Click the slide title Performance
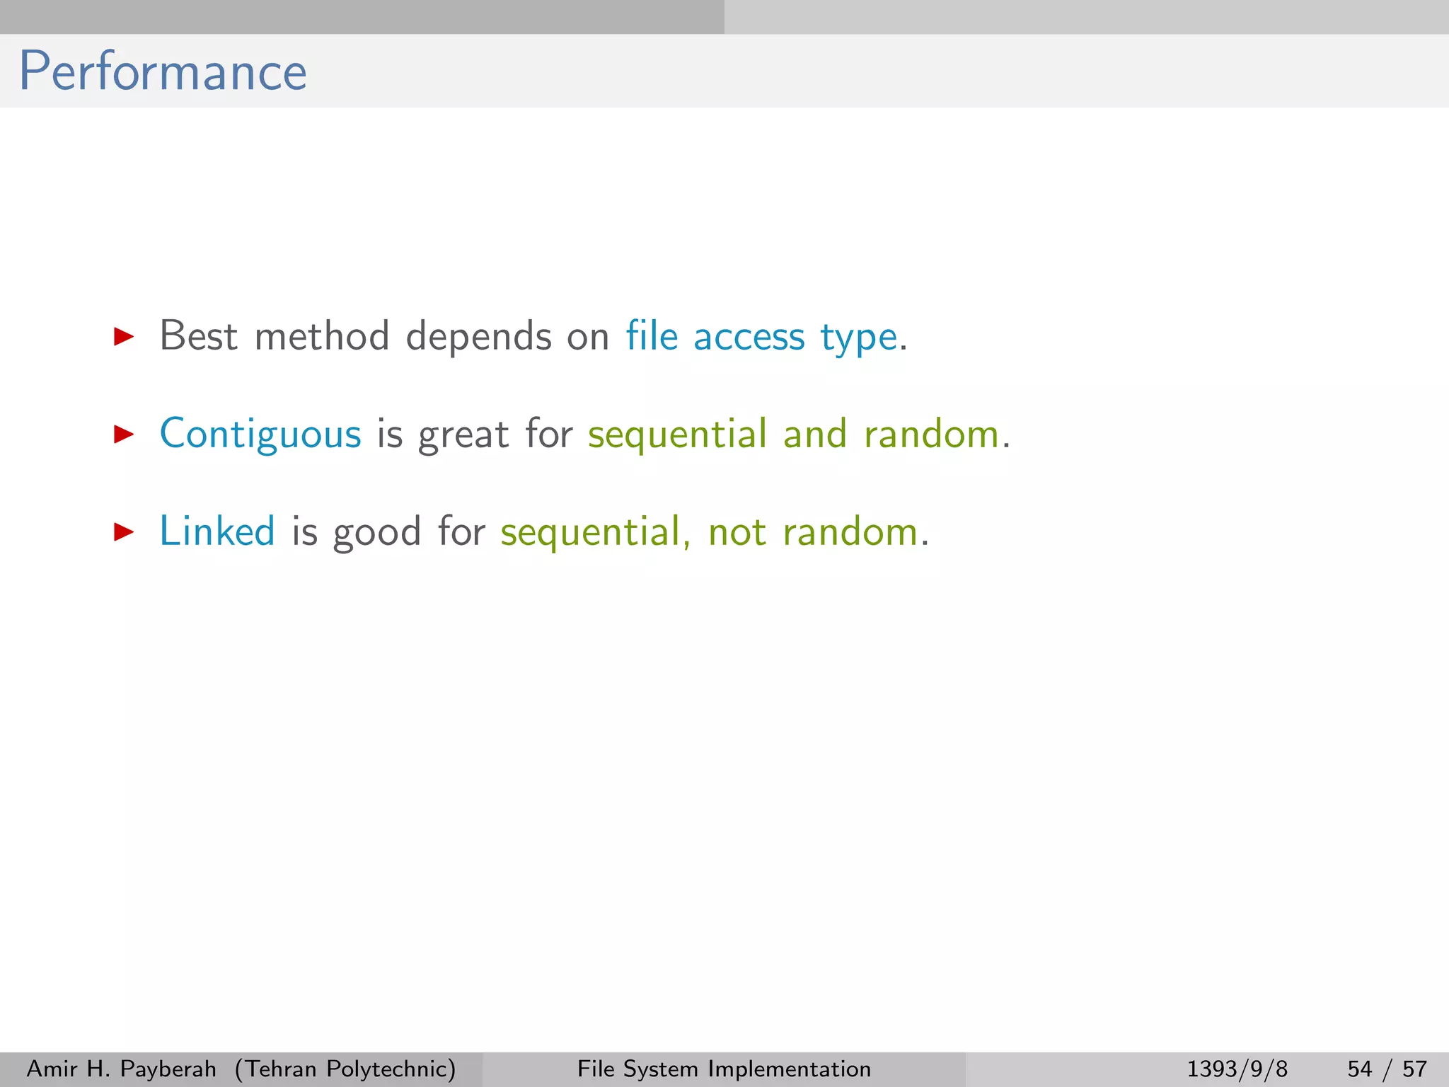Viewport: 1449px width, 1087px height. (163, 71)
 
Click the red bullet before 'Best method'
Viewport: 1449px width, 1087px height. (124, 336)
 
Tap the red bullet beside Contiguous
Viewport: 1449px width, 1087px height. (124, 434)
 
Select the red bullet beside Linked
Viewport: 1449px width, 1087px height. (124, 531)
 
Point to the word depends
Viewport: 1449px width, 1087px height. (478, 337)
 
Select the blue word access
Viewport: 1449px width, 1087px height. (749, 337)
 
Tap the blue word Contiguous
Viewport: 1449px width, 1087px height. (260, 435)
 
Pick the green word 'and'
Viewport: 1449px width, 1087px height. (815, 434)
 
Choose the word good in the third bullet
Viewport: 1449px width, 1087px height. (377, 533)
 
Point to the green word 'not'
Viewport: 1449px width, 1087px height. (737, 533)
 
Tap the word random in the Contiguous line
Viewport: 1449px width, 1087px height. (931, 435)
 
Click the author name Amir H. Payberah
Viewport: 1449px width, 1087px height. (121, 1069)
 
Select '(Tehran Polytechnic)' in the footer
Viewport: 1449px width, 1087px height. (345, 1069)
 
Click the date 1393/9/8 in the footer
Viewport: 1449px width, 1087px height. (1237, 1069)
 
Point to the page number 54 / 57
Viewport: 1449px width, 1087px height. (1387, 1069)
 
